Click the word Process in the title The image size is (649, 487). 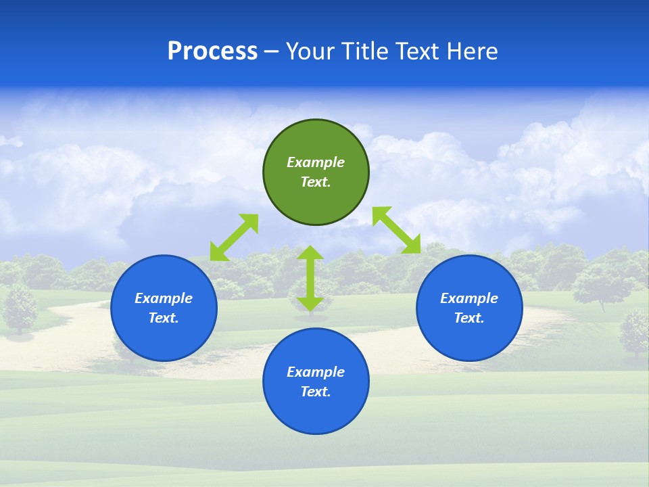click(x=212, y=51)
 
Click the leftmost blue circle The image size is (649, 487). click(x=164, y=338)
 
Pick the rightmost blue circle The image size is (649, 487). click(x=469, y=338)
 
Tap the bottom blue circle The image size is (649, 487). click(x=316, y=413)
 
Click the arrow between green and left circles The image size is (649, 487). click(x=235, y=237)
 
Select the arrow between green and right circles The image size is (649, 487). click(x=396, y=230)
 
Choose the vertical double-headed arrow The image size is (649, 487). click(x=310, y=278)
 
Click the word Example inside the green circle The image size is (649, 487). click(x=316, y=162)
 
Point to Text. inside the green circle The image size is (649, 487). click(x=316, y=182)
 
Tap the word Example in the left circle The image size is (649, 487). click(x=164, y=298)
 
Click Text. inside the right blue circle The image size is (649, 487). click(x=469, y=318)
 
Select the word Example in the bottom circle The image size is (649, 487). click(x=316, y=372)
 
